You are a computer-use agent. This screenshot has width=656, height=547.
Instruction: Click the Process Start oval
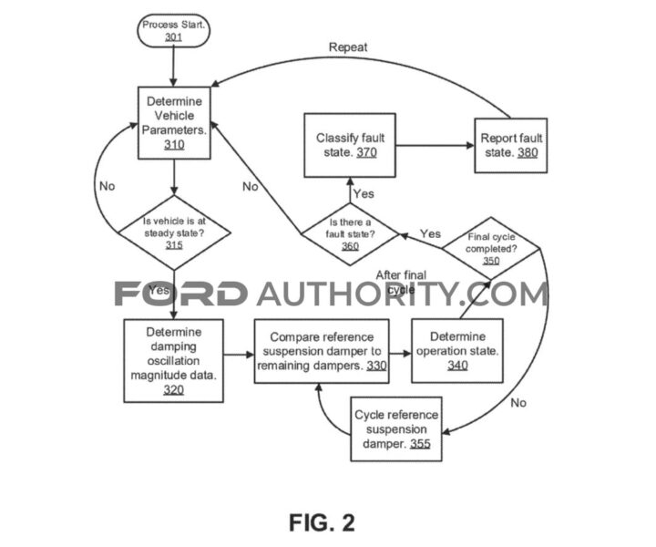click(173, 31)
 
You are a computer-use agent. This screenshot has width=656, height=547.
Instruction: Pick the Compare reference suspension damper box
click(321, 350)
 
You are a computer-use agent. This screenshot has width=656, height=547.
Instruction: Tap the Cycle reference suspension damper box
click(396, 429)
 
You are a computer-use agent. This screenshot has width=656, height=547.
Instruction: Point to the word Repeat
click(348, 46)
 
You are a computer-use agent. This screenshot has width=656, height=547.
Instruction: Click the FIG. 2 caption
click(322, 521)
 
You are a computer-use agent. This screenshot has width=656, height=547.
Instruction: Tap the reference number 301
click(173, 38)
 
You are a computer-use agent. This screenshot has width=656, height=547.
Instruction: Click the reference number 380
click(527, 153)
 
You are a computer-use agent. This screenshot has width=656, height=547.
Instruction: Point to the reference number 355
click(420, 444)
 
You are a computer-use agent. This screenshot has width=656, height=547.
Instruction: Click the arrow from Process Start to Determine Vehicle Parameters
click(173, 66)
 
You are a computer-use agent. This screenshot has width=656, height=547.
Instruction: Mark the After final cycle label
click(402, 282)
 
